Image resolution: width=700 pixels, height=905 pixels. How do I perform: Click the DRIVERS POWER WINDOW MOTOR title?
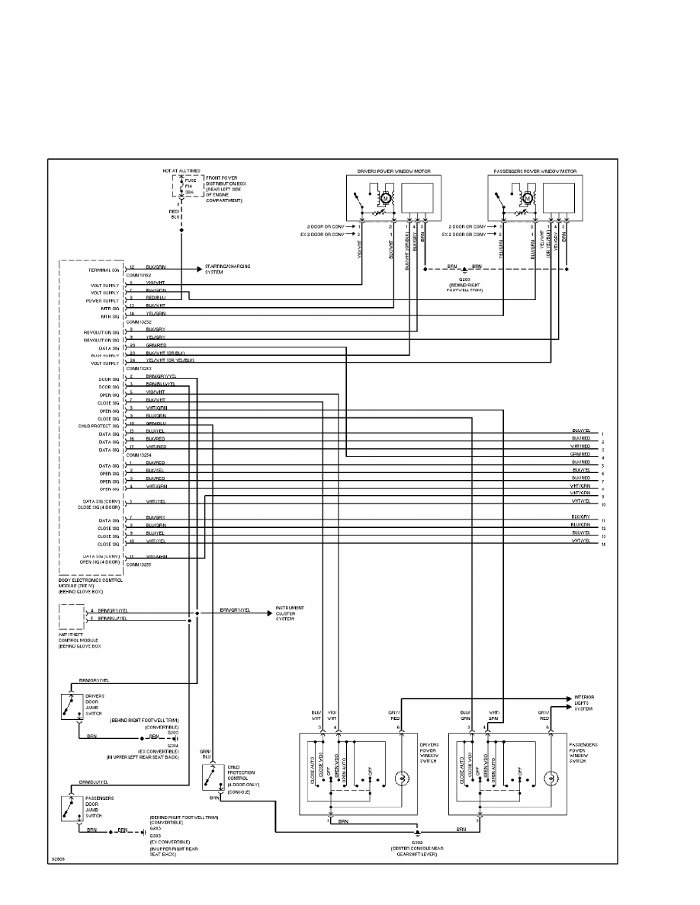click(390, 171)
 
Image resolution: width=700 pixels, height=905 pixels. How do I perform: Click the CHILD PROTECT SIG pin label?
click(98, 426)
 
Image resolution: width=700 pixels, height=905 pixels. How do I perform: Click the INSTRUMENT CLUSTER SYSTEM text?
click(290, 613)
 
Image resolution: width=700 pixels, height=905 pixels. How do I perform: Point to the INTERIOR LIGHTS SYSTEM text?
click(584, 702)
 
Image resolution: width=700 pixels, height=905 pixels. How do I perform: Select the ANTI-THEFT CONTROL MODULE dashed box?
click(72, 616)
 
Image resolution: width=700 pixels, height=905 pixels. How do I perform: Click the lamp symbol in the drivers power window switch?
click(401, 778)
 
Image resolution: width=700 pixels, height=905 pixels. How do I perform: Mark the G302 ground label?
click(416, 843)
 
